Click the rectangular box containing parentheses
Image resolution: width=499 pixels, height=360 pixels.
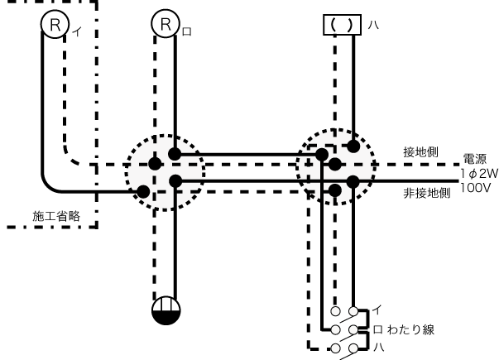pyautogui.click(x=343, y=24)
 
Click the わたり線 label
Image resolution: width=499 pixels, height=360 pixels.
pyautogui.click(x=414, y=329)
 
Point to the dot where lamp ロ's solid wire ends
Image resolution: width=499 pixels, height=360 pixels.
pyautogui.click(x=175, y=153)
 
